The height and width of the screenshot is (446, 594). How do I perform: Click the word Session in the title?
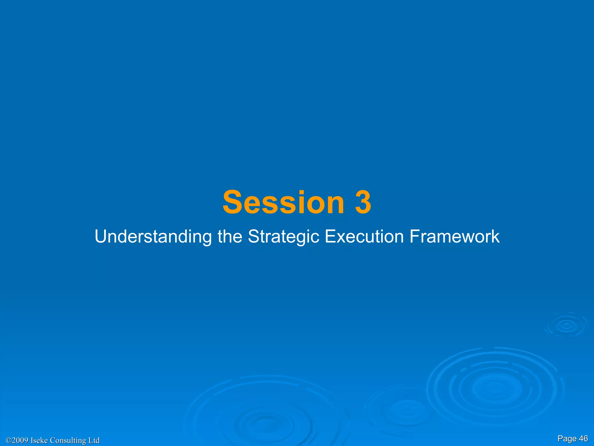pos(283,202)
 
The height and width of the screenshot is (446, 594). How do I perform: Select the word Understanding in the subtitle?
pos(153,236)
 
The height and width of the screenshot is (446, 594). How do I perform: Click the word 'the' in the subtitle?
pos(230,236)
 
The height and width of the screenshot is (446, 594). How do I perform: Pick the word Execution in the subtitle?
pos(364,236)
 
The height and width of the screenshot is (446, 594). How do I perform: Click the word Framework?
pos(454,236)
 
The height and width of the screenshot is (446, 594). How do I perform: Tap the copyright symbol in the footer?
pos(8,440)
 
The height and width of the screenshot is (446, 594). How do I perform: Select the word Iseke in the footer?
pos(39,440)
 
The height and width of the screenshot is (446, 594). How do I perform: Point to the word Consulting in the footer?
pos(68,440)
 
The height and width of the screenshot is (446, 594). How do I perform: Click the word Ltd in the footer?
pos(94,440)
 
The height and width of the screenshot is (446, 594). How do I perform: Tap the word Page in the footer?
pos(567,438)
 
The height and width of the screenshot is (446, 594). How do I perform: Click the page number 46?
pos(583,438)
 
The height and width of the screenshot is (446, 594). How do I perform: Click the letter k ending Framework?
pos(495,236)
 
